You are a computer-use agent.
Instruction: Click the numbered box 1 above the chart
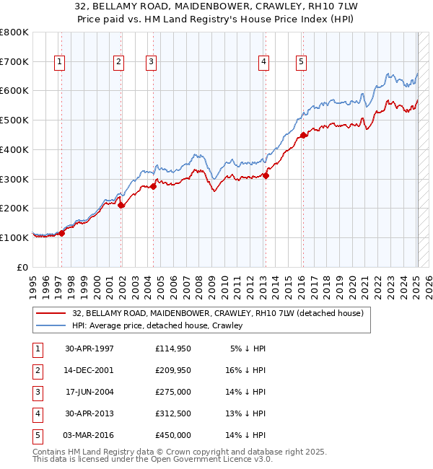[58, 63]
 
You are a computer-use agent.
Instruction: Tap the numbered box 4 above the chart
[265, 63]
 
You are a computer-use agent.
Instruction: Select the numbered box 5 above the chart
[300, 63]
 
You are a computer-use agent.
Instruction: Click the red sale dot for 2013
[266, 175]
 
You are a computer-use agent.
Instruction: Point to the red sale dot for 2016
[304, 134]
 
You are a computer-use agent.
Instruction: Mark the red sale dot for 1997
[62, 233]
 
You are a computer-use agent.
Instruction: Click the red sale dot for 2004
[153, 186]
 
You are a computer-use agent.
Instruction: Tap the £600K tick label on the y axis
[14, 91]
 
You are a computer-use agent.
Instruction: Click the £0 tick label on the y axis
[22, 267]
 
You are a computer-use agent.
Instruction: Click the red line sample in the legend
[51, 313]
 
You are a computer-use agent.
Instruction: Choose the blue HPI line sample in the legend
[51, 325]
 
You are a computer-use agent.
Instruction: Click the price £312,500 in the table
[173, 413]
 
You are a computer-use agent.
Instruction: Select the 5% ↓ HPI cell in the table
[248, 349]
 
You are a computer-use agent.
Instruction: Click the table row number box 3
[37, 392]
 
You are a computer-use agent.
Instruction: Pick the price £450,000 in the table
[173, 435]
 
